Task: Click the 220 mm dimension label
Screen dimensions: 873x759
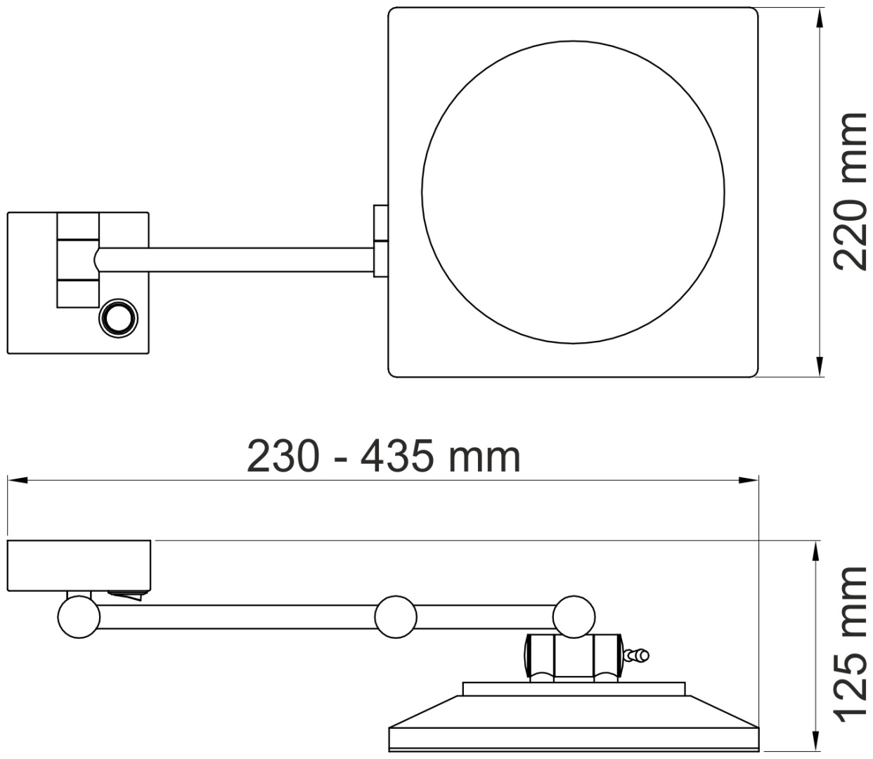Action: coord(851,192)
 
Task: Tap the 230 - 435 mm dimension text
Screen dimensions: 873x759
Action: coord(384,457)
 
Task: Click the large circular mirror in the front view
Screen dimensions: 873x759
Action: coord(573,192)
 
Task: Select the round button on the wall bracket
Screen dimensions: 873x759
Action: coord(118,318)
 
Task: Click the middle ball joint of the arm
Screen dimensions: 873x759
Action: coord(396,617)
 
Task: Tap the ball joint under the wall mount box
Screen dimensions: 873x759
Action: coord(79,617)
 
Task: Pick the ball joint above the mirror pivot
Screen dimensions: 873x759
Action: coord(574,617)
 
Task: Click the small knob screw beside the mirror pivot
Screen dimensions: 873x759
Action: coord(637,655)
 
